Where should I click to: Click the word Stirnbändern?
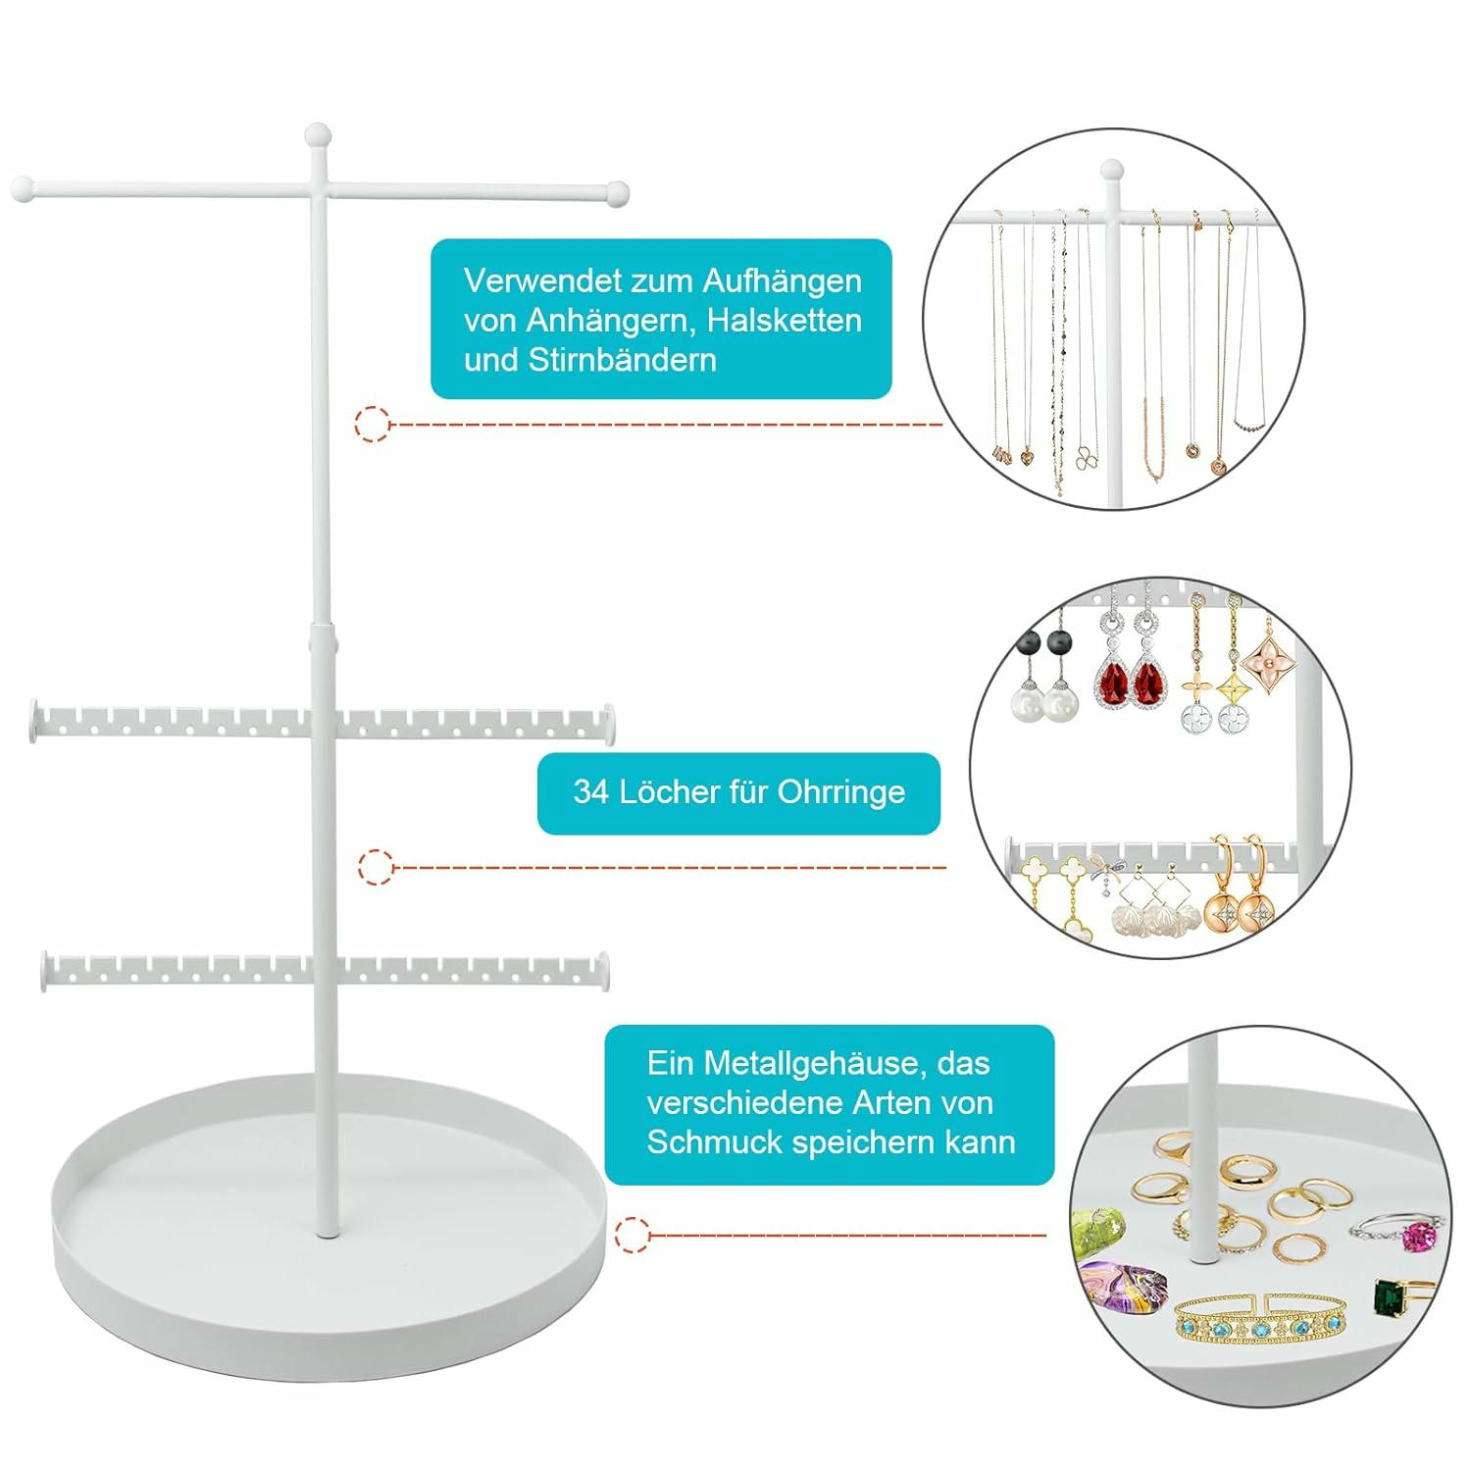pyautogui.click(x=623, y=360)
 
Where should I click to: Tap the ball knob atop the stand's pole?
pyautogui.click(x=318, y=135)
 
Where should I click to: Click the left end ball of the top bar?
pyautogui.click(x=24, y=189)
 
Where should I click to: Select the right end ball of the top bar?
pyautogui.click(x=617, y=193)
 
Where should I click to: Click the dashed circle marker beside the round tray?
pyautogui.click(x=633, y=1235)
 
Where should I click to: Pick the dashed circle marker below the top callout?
pyautogui.click(x=372, y=424)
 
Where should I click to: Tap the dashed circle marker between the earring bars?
pyautogui.click(x=376, y=867)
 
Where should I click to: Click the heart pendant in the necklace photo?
pyautogui.click(x=1027, y=456)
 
